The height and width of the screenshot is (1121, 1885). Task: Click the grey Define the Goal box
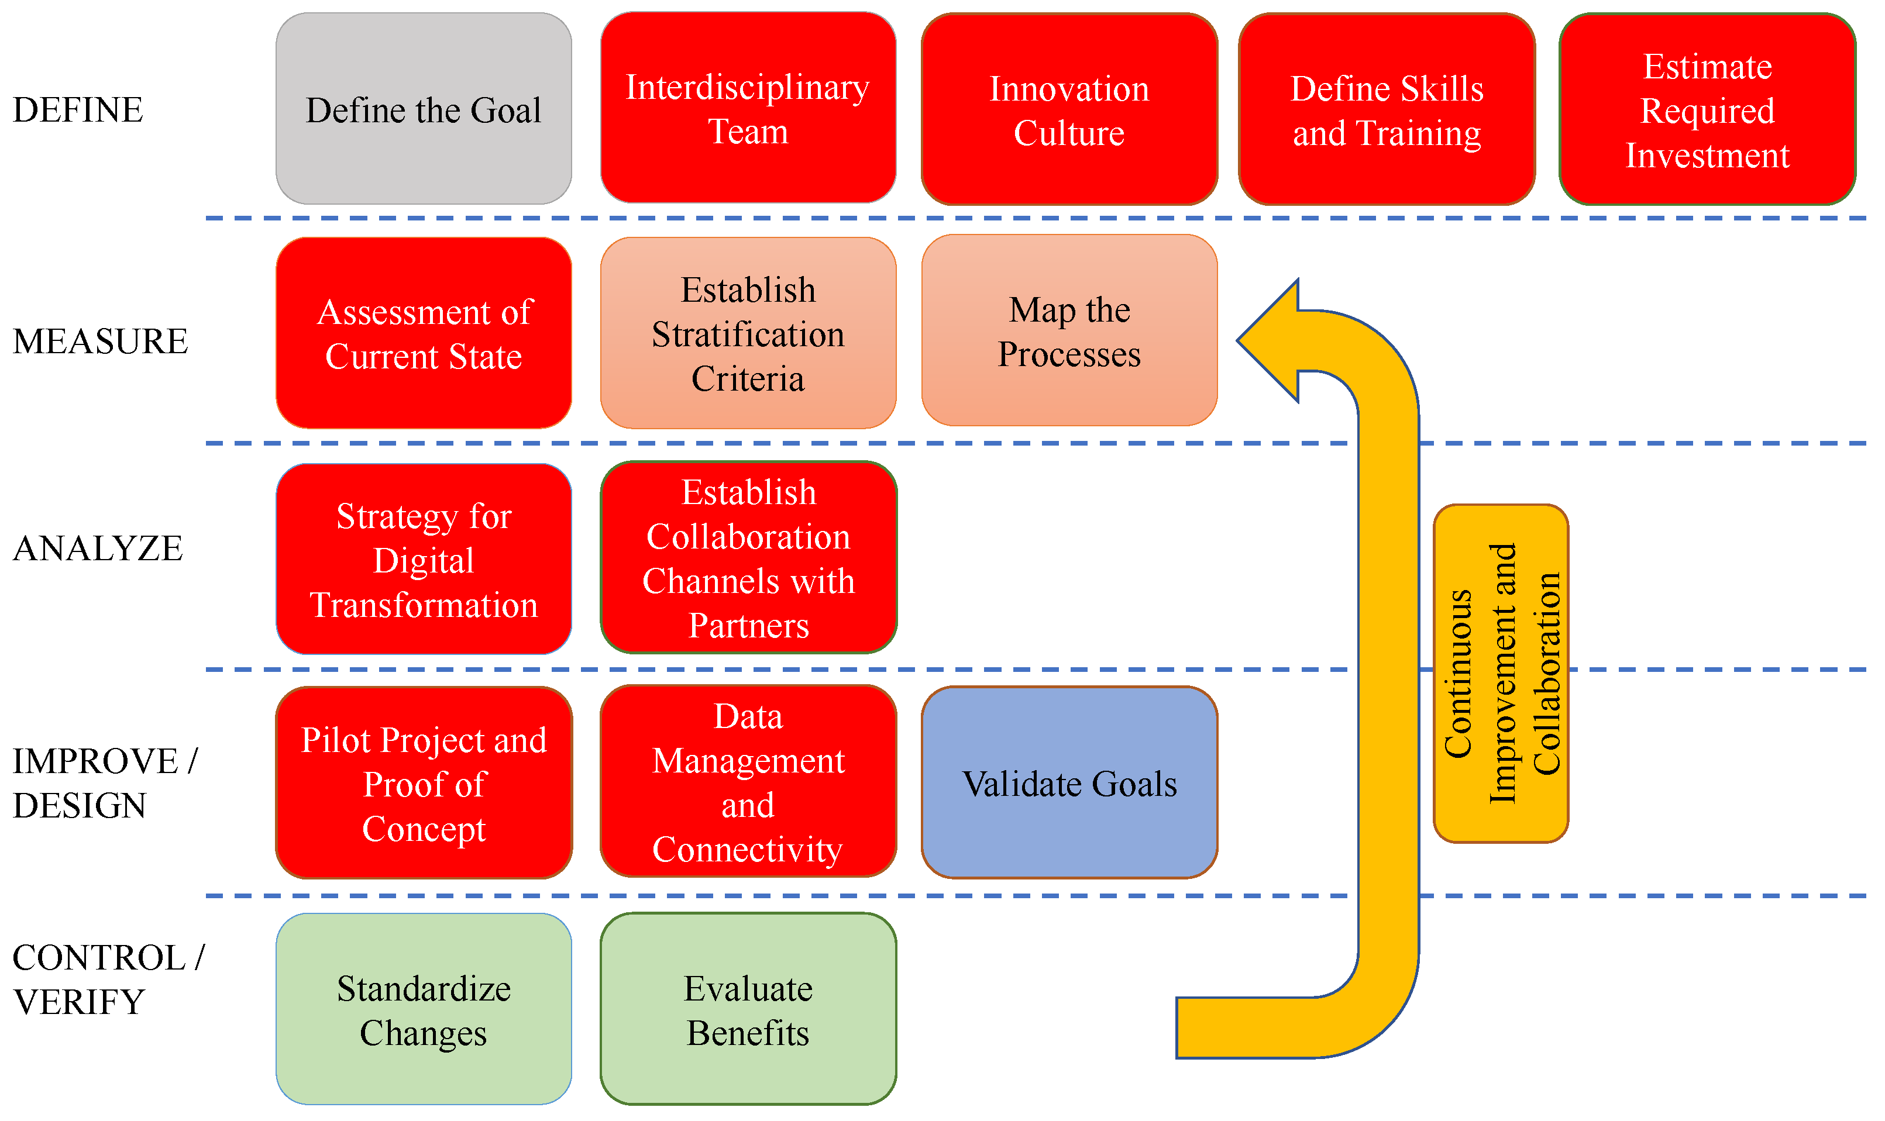(x=423, y=109)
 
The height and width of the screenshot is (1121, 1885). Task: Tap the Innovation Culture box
(x=1069, y=109)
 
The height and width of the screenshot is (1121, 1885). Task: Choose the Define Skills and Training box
(x=1387, y=109)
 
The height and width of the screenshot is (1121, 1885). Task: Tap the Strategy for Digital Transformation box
(x=423, y=559)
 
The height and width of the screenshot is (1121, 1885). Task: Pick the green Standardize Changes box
(x=423, y=1009)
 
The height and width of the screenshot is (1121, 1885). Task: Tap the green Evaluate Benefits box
(x=748, y=1009)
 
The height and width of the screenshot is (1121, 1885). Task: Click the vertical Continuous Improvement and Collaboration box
(x=1501, y=673)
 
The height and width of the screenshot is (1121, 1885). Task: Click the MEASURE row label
(x=99, y=342)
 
